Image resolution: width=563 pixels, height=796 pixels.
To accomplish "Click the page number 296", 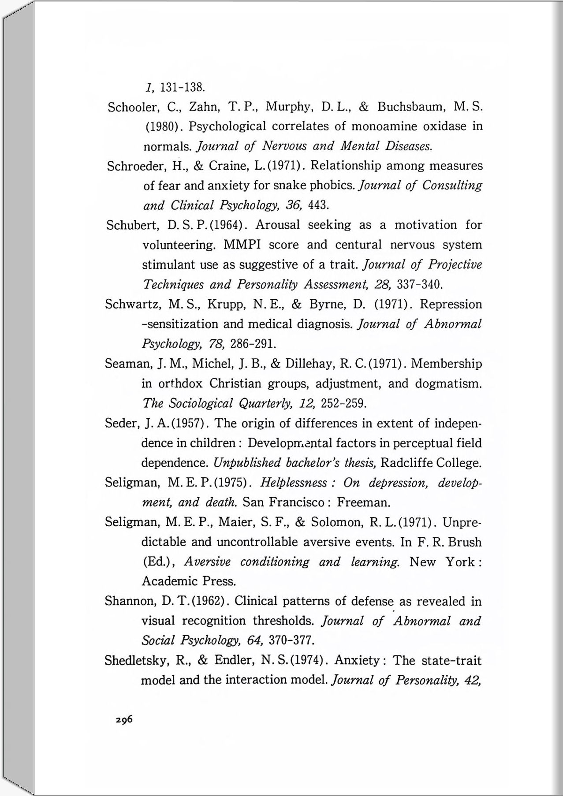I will coord(124,719).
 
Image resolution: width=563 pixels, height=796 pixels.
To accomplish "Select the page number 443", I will coord(318,205).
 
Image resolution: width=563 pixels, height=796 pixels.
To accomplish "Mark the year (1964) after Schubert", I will coord(227,225).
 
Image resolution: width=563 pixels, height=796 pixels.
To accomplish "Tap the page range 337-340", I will coord(419,284).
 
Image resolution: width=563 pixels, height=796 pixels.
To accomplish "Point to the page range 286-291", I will coord(254,343).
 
